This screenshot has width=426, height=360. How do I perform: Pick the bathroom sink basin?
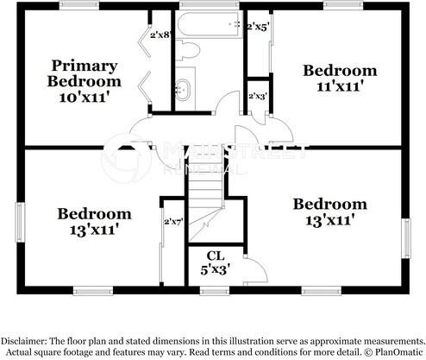[x=184, y=87]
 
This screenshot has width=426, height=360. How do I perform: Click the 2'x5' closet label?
[x=257, y=28]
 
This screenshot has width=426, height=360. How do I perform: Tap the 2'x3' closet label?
[x=257, y=97]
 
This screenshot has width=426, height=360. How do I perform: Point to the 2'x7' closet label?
[x=173, y=222]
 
